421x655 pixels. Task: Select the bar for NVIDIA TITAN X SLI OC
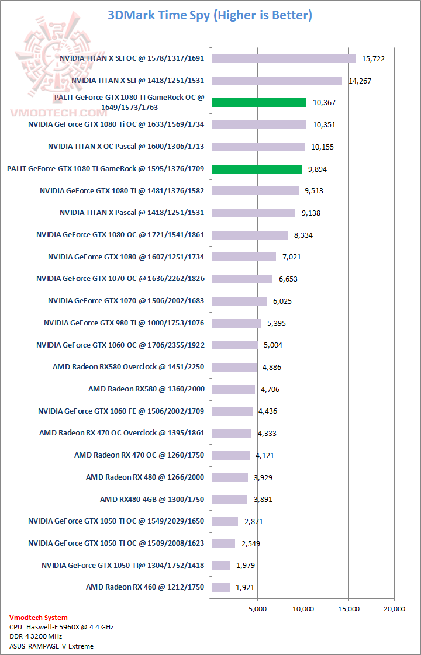tap(284, 58)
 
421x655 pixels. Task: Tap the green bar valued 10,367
tap(259, 103)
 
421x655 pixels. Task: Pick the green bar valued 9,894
tap(257, 169)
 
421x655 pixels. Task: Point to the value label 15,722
tap(373, 58)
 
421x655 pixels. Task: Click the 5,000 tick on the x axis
tap(257, 609)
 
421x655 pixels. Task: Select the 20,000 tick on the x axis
tap(394, 609)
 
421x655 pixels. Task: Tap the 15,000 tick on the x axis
tap(348, 609)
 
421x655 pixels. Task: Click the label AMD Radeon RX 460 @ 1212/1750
tap(145, 587)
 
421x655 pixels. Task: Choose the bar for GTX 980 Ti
tap(236, 323)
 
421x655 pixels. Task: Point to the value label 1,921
tap(244, 587)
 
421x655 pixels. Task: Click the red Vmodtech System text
tap(39, 618)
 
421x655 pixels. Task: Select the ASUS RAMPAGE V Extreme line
tap(51, 646)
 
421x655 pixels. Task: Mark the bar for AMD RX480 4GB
tap(230, 499)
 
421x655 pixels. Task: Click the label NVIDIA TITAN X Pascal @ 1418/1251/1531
tap(132, 212)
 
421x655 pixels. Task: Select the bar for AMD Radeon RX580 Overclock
tap(234, 367)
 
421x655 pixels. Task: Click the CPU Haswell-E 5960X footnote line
tap(61, 627)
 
